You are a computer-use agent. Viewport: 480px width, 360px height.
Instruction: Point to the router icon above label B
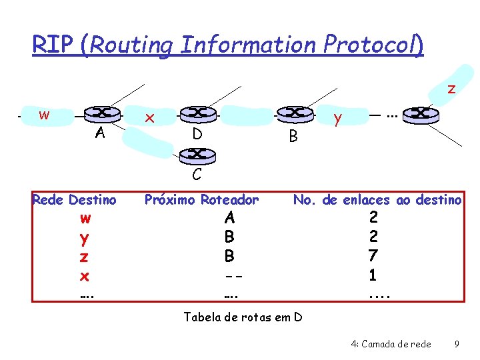pos(293,114)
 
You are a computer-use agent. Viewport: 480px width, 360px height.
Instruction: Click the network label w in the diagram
pos(44,115)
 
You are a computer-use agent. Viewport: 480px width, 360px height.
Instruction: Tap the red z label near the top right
pos(451,89)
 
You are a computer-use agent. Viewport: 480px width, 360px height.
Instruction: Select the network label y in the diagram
pos(338,119)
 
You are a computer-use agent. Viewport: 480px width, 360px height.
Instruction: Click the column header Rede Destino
pos(74,199)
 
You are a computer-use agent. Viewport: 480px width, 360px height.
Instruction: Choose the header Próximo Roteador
pos(201,199)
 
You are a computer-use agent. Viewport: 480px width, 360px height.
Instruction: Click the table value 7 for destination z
pos(373,255)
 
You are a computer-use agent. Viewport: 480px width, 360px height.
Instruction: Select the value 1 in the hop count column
pos(373,274)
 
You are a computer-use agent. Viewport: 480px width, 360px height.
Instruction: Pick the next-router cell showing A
pos(230,217)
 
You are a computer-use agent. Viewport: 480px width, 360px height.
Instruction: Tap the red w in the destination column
pos(85,219)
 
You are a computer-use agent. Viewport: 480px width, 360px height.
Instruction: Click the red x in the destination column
pos(85,275)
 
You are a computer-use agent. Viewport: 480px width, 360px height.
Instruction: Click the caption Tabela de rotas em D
pos(243,317)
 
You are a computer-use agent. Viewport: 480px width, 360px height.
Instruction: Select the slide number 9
pos(456,344)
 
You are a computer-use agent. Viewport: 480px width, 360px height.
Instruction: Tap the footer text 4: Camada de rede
pos(391,344)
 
